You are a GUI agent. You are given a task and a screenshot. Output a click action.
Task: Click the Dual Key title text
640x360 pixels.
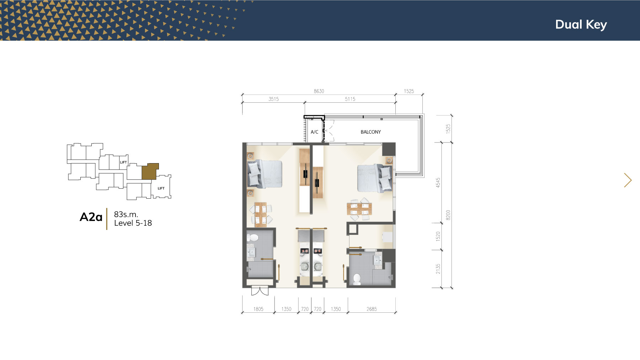[x=581, y=25]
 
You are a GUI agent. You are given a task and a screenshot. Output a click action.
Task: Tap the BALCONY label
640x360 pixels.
[x=370, y=132]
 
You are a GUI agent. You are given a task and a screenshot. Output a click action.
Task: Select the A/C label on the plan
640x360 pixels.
[x=314, y=132]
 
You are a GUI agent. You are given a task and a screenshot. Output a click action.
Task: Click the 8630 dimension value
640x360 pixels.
[x=319, y=91]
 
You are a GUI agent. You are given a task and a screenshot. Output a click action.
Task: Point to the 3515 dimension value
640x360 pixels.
[x=273, y=99]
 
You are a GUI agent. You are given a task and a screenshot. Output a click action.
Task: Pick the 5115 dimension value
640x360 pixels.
[x=350, y=99]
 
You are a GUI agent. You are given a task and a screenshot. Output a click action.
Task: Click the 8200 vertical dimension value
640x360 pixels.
[x=448, y=215]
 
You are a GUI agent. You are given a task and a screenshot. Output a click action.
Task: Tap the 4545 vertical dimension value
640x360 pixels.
[x=438, y=183]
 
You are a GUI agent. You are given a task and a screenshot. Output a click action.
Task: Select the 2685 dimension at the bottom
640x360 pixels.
[x=372, y=309]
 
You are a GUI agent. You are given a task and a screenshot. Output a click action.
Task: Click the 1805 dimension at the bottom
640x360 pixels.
[x=258, y=309]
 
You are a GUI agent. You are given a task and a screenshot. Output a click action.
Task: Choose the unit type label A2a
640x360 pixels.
[x=91, y=217]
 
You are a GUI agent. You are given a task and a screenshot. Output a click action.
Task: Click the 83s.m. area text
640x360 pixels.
[x=126, y=214]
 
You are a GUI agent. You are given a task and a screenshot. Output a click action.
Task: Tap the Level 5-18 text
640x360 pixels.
[x=133, y=223]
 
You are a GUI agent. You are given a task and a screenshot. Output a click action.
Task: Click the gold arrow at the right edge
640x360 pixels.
[x=628, y=180]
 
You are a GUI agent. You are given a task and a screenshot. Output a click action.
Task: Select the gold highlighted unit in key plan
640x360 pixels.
[x=150, y=172]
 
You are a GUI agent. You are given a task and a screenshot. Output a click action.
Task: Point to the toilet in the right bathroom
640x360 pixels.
[x=357, y=279]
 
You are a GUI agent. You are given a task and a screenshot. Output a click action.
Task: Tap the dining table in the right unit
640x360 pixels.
[x=360, y=209]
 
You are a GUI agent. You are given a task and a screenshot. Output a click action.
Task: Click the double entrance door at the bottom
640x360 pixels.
[x=260, y=291]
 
